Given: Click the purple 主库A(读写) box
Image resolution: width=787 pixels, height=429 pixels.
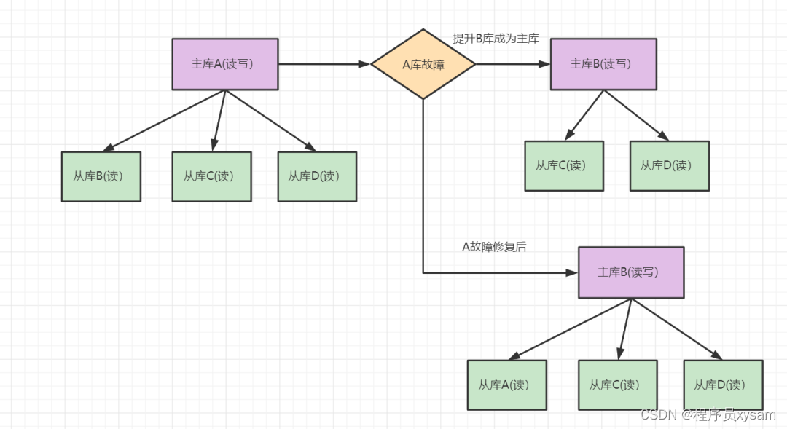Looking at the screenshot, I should (224, 64).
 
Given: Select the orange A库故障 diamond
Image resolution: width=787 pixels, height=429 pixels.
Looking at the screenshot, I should (423, 64).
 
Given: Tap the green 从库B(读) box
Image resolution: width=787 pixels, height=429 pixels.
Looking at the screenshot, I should (101, 176).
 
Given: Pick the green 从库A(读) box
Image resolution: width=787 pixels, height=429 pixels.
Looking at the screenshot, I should (506, 385).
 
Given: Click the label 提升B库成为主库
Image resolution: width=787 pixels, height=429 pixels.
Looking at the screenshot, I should (496, 39).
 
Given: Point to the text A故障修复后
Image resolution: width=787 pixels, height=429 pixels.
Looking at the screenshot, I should (494, 246).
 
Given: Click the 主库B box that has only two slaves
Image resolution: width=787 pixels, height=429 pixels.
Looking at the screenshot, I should (603, 64).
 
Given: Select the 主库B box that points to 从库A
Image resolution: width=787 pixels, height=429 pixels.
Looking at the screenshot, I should (631, 272).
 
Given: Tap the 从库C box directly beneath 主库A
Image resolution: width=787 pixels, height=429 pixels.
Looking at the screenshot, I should (211, 176).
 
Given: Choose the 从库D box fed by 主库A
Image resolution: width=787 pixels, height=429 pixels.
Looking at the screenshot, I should (317, 176).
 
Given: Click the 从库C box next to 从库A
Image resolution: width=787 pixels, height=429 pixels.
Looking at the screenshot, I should (618, 385).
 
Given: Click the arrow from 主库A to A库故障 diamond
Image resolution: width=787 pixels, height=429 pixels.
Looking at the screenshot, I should (324, 64).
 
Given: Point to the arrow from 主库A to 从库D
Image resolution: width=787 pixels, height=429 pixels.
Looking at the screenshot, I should (270, 120).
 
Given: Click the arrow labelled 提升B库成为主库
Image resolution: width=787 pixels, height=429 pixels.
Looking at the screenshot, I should (512, 64).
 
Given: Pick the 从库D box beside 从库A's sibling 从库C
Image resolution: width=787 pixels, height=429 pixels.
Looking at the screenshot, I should (723, 385).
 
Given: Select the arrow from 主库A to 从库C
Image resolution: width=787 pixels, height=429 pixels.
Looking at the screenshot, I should (219, 121).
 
